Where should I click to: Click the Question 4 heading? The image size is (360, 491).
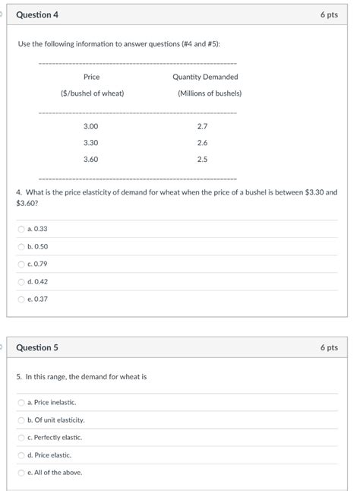pos(37,14)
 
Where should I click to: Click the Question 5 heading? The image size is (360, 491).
pos(37,347)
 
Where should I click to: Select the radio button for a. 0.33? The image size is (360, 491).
pos(21,229)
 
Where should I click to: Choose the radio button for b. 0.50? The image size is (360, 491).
pos(21,246)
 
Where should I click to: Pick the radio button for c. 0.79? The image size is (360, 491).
pos(21,264)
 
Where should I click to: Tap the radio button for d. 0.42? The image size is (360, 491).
pos(21,281)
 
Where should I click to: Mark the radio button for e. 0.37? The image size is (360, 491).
pos(21,299)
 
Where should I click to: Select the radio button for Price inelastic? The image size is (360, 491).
pos(21,402)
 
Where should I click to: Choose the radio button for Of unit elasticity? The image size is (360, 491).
pos(21,420)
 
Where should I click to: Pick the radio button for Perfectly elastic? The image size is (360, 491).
pos(21,437)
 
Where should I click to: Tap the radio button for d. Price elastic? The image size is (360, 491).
pos(21,455)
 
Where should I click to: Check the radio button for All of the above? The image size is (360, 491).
pos(21,472)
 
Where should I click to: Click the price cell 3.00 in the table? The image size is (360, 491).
pos(91,125)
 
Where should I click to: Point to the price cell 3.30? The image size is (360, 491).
pos(91,142)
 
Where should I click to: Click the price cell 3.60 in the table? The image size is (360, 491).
pos(91,159)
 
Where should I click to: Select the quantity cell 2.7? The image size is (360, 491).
pos(202,125)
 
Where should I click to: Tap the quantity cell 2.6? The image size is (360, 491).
pos(202,142)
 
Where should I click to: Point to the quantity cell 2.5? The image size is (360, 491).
pos(202,159)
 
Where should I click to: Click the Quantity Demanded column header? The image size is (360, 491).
pos(205,77)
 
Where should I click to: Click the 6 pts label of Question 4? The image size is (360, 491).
pos(329,14)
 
